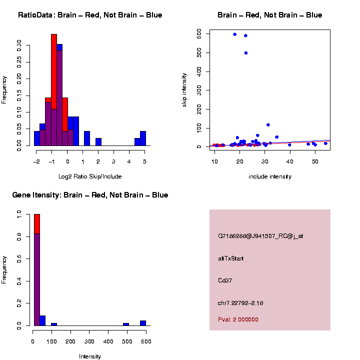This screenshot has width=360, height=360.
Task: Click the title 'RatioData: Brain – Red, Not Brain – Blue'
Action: tap(90, 15)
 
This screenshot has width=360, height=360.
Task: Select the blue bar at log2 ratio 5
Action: tap(143, 138)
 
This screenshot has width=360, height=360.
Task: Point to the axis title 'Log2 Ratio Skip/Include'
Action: tap(90, 176)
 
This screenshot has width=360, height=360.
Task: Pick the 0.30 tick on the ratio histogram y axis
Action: tap(19, 45)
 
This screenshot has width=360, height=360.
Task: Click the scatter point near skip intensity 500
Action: tap(245, 52)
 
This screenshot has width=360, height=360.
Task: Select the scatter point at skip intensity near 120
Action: tap(268, 124)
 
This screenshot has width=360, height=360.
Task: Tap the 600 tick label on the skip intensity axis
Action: tap(199, 33)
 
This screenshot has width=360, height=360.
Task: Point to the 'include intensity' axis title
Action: tap(269, 176)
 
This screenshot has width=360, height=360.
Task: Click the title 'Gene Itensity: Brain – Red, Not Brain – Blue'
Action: tap(90, 195)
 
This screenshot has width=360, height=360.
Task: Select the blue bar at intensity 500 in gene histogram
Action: tap(126, 324)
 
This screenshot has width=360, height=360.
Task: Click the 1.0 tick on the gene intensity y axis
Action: tap(19, 214)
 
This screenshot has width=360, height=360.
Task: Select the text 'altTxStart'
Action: tap(230, 258)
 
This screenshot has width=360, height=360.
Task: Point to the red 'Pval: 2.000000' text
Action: tap(238, 319)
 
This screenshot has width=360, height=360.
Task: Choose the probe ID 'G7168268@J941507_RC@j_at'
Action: tap(260, 236)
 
